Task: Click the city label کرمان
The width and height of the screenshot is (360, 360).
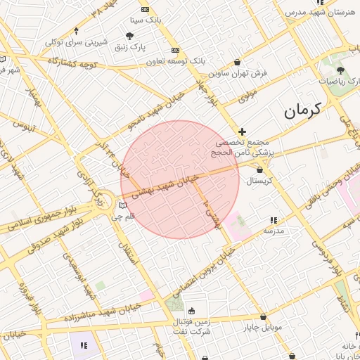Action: (302, 110)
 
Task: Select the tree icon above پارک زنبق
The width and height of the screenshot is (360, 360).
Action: (129, 36)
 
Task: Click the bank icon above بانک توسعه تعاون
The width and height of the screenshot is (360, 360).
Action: (175, 50)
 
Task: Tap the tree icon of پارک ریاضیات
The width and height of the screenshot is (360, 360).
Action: (341, 70)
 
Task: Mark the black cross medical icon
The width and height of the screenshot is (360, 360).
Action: (243, 131)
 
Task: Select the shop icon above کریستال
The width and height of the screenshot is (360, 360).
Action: (260, 169)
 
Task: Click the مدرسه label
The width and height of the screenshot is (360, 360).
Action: (273, 231)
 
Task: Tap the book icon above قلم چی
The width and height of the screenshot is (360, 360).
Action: (124, 205)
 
